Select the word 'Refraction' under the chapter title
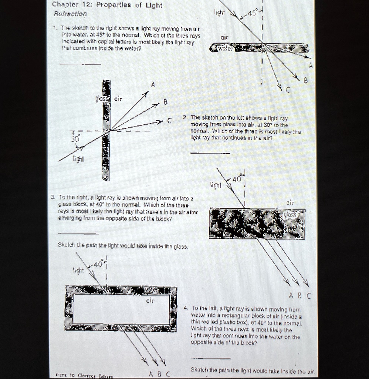(x=70, y=14)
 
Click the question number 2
(x=185, y=118)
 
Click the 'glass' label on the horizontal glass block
(x=294, y=215)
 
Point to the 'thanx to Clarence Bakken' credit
(x=82, y=375)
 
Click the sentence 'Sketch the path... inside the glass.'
(x=123, y=246)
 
